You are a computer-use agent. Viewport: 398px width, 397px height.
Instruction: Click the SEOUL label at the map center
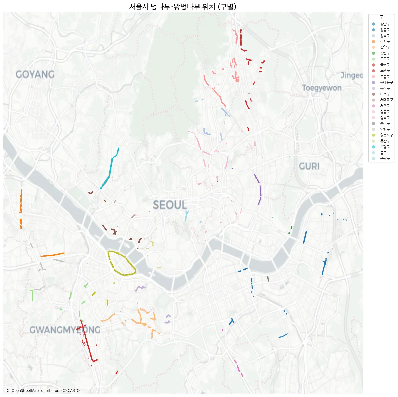click(170, 205)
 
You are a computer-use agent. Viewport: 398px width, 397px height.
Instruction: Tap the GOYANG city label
click(35, 74)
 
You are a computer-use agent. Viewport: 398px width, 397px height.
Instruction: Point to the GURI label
click(309, 166)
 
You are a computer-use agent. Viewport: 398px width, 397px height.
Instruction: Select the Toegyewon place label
click(322, 88)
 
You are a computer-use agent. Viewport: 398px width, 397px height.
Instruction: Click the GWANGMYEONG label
click(65, 330)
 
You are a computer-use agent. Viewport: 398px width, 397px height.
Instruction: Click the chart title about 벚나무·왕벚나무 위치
click(183, 7)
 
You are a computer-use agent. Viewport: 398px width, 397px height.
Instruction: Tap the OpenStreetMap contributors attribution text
click(42, 390)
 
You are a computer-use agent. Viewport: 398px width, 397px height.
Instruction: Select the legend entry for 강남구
click(385, 24)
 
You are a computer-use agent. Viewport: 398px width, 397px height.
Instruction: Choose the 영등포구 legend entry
click(386, 135)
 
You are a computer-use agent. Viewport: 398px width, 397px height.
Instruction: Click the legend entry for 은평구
click(385, 147)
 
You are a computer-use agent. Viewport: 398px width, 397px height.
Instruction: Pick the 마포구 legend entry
click(385, 94)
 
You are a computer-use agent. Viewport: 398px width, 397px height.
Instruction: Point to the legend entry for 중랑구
click(385, 158)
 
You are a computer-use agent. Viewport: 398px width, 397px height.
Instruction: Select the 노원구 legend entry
click(385, 71)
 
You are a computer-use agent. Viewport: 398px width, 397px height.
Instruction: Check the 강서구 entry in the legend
click(385, 41)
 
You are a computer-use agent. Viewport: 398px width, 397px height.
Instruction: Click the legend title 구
click(382, 17)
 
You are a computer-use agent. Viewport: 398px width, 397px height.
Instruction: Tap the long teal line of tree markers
click(110, 168)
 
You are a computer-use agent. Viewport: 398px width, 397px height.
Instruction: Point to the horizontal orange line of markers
click(52, 255)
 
